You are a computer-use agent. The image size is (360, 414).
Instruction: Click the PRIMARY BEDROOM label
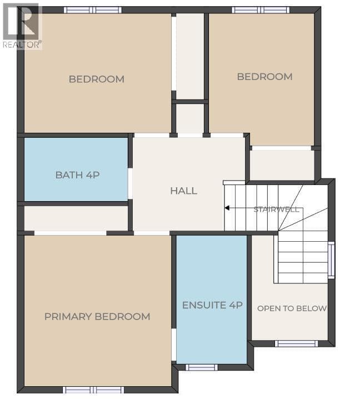tap(97, 316)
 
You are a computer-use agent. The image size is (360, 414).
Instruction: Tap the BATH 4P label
tap(77, 175)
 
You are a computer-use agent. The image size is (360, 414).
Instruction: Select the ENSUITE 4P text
tap(212, 305)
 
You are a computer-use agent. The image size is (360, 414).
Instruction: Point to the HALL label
tap(184, 191)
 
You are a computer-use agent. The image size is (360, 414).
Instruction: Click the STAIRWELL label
tap(276, 210)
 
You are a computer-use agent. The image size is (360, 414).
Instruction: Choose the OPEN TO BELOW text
tap(292, 308)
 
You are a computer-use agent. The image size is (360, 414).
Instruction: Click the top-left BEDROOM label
tap(96, 79)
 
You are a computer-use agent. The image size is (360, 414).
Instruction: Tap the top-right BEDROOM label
tap(264, 77)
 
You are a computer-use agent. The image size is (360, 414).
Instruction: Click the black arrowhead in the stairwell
tap(227, 208)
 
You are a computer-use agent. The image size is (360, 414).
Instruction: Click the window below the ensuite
tap(201, 367)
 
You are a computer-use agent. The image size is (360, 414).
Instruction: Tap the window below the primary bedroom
tap(93, 390)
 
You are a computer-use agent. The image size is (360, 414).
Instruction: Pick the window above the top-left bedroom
tap(93, 10)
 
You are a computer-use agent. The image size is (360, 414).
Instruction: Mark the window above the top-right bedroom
tap(261, 10)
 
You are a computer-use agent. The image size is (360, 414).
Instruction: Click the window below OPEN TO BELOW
tap(297, 343)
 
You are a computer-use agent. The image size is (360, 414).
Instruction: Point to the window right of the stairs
tap(331, 260)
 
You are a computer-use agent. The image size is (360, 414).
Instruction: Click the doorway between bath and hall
tap(131, 183)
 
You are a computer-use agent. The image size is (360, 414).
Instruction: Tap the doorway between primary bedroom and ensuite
tap(174, 345)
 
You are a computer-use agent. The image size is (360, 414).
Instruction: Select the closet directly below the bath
tap(76, 218)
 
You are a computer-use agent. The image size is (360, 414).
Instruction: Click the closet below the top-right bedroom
tap(282, 166)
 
